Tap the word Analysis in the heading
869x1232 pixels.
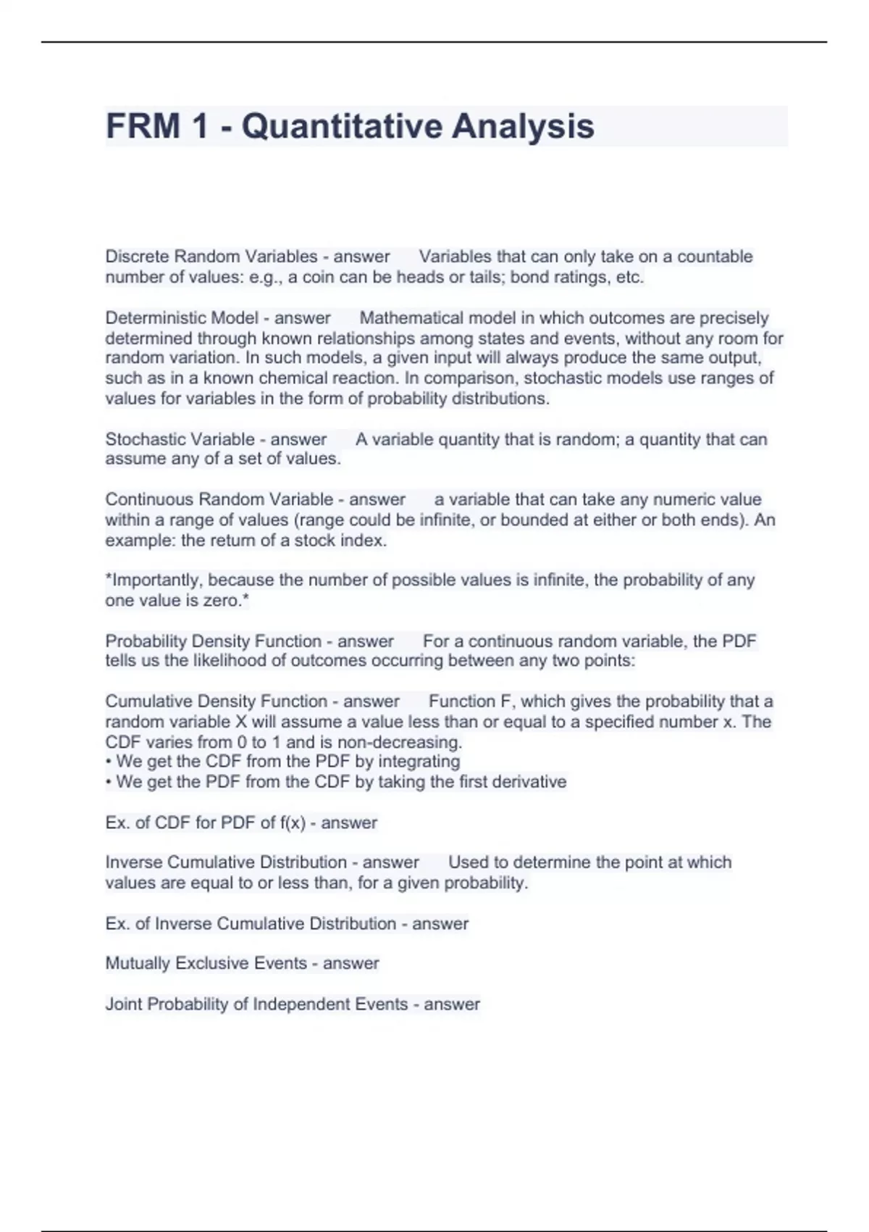[x=523, y=126]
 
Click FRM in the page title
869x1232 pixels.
[x=143, y=126]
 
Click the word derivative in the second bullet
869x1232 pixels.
[x=529, y=782]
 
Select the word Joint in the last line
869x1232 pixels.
[x=124, y=1004]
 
